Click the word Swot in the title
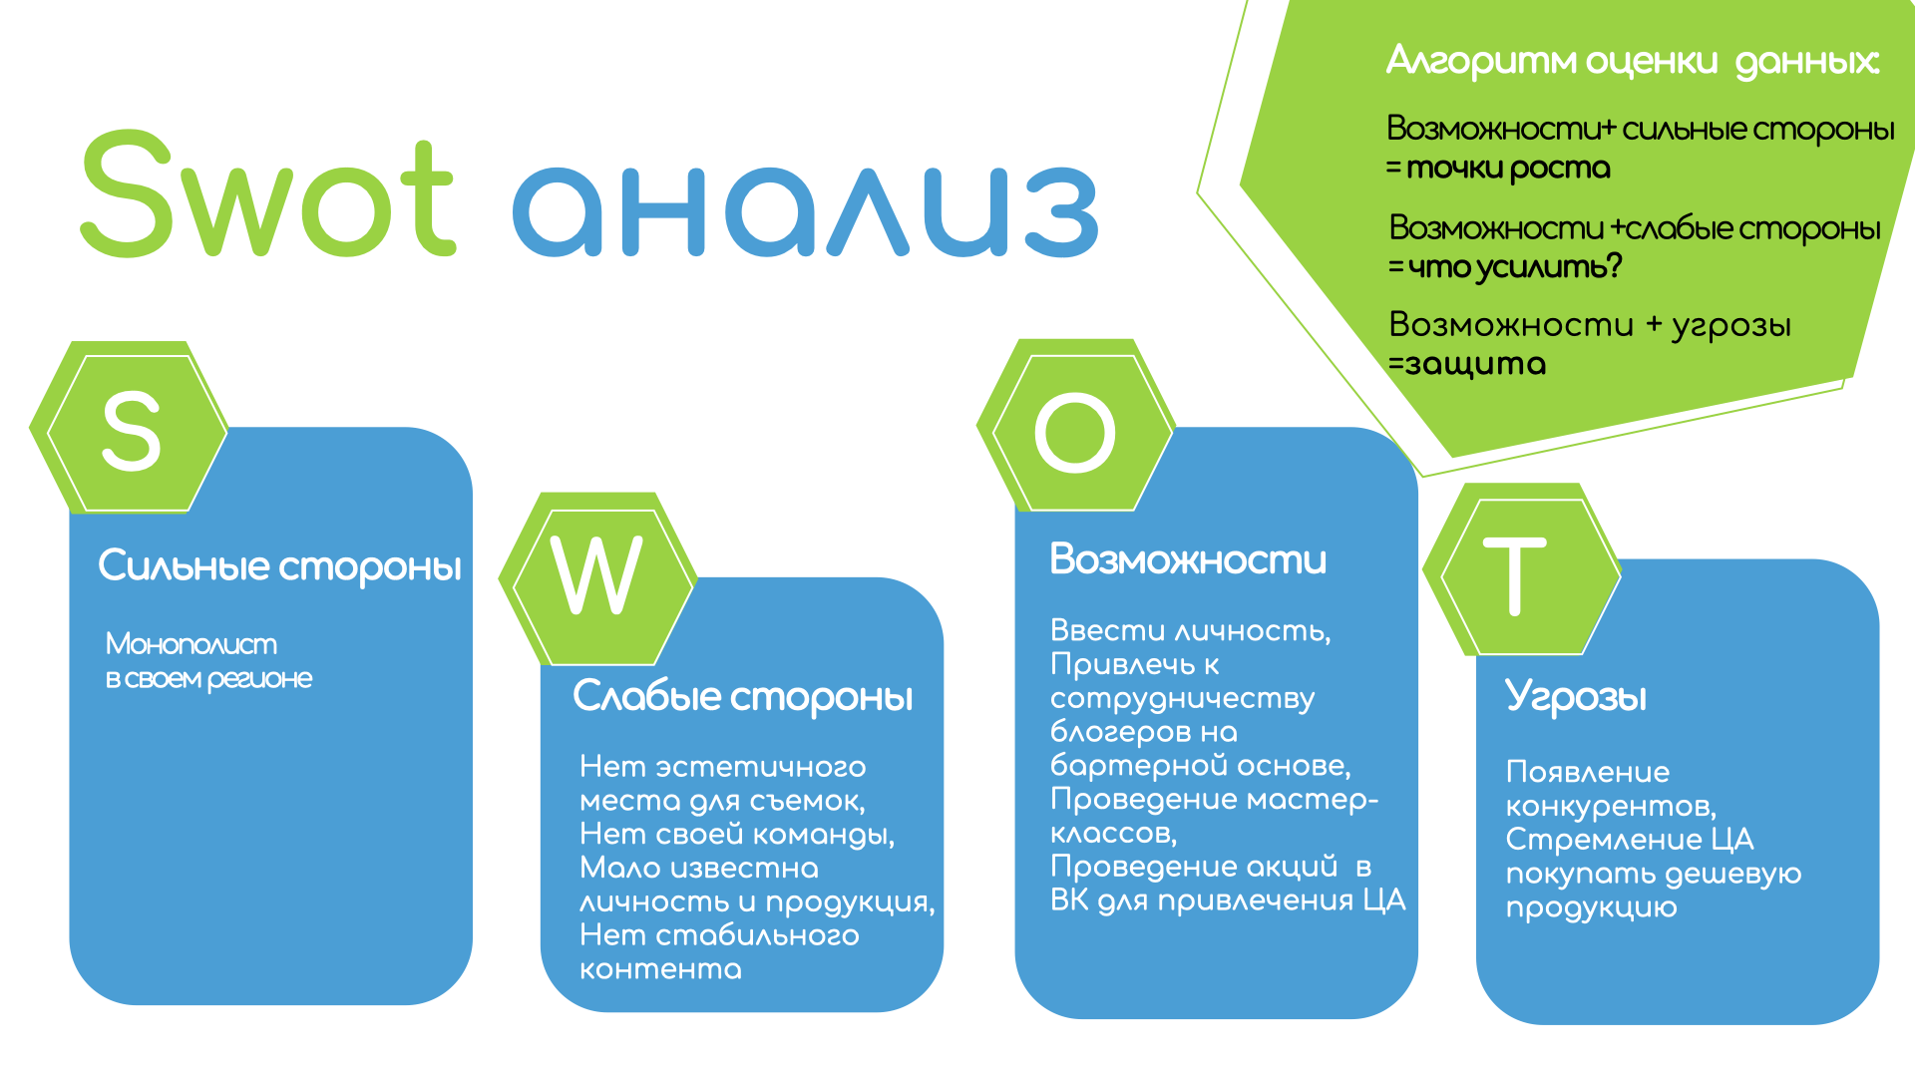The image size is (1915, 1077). click(267, 193)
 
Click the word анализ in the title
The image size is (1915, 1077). click(805, 210)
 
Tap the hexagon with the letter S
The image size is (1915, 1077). click(130, 428)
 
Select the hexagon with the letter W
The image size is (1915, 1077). click(597, 579)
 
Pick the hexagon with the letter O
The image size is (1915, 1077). click(1075, 426)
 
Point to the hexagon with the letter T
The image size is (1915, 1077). click(1522, 570)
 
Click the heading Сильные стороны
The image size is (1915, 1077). click(280, 566)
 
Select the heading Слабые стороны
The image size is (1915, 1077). click(743, 696)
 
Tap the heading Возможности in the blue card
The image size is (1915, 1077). click(1189, 559)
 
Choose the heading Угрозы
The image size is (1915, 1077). click(1576, 697)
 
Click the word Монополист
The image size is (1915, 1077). click(191, 644)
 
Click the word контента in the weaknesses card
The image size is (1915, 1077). click(661, 969)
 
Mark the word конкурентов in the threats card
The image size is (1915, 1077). click(1611, 806)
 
